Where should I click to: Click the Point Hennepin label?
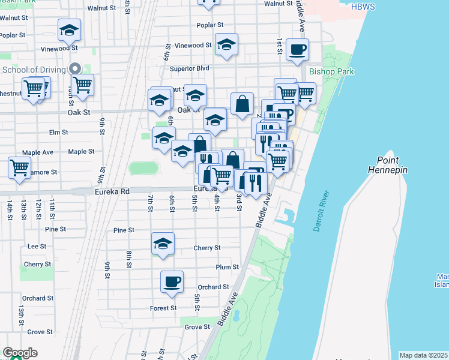point(392,165)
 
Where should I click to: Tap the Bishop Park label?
point(331,72)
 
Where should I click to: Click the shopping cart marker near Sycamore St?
point(20,167)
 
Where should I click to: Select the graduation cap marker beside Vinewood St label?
point(226,45)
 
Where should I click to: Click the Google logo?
point(20,353)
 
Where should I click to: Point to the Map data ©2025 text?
point(424,355)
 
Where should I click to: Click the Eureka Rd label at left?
point(95,191)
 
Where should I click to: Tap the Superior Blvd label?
point(189,68)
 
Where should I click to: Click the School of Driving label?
point(34,70)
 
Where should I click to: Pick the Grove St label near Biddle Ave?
point(197,327)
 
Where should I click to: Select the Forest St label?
point(163,308)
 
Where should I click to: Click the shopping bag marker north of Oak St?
point(241,104)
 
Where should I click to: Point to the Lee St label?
point(37,246)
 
